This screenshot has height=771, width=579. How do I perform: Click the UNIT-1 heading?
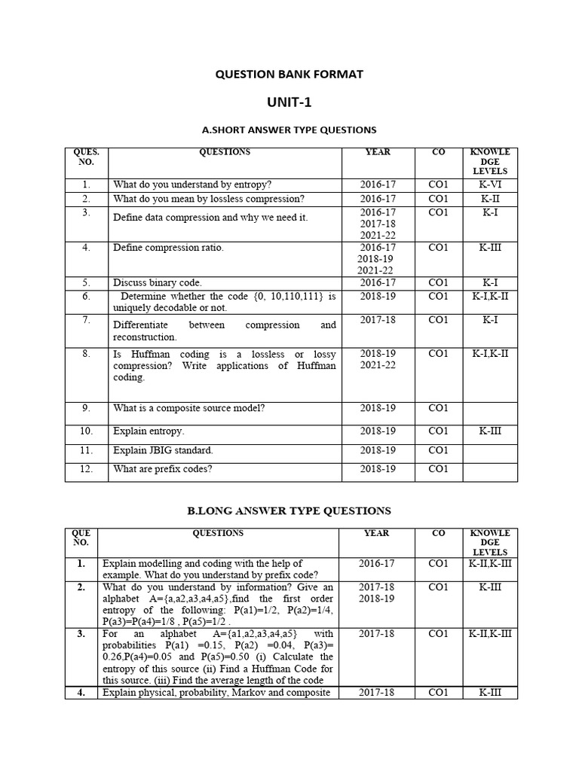click(289, 102)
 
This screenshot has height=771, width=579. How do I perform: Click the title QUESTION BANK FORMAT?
click(289, 74)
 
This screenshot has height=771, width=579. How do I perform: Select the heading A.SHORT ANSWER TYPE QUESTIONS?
click(289, 130)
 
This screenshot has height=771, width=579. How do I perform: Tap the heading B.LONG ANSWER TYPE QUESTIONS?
click(289, 511)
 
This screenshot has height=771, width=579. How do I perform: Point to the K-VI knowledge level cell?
click(490, 184)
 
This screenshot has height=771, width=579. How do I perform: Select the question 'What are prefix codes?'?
click(163, 469)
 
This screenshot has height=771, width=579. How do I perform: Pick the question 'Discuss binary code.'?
click(158, 283)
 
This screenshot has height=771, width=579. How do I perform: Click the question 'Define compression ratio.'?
click(168, 248)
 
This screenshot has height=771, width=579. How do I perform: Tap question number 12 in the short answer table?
click(86, 469)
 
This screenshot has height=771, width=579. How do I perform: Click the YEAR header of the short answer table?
click(378, 152)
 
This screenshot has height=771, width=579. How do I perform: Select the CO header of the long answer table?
click(438, 533)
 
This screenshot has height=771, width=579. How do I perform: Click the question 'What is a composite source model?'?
click(189, 408)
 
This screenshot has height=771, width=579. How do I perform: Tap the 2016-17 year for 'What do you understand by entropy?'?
click(378, 184)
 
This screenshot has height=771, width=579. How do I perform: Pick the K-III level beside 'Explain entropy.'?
click(490, 431)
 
